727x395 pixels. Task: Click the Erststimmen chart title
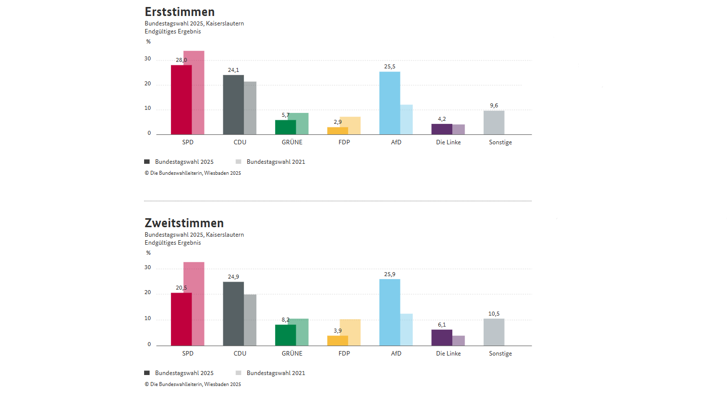coord(180,12)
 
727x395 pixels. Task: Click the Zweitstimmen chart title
coord(184,223)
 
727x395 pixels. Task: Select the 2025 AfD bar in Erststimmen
coord(389,103)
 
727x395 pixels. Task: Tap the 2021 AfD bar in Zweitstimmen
coord(406,330)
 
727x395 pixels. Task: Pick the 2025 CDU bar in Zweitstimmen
coord(233,314)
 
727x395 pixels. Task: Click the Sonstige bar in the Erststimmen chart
coord(494,122)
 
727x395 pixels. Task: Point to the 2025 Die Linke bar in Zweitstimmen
coord(442,338)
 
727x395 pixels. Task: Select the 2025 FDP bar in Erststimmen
coord(338,131)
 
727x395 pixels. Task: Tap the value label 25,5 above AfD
coord(389,66)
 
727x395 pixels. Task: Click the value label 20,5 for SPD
coord(181,288)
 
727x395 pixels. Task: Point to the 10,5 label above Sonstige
coord(494,314)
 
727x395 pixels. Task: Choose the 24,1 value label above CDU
coord(233,70)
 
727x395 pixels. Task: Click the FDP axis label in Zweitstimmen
coord(344,354)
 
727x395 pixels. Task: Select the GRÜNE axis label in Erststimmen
coord(292,142)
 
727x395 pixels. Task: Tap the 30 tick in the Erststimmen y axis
coord(148,59)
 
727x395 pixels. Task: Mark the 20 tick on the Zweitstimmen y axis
coord(148,293)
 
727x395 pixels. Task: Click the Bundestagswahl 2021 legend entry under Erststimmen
coord(275,162)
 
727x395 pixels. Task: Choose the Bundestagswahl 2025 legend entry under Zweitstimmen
coord(183,373)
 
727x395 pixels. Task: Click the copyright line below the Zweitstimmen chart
coord(192,385)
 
